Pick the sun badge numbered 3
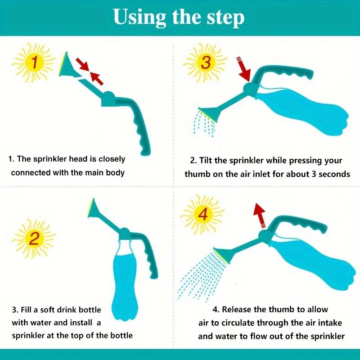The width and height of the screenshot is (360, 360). tap(206, 63)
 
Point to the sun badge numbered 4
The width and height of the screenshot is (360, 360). tap(203, 216)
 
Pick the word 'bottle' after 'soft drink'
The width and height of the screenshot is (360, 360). tap(87, 310)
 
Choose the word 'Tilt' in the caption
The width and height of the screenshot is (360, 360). tap(211, 161)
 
